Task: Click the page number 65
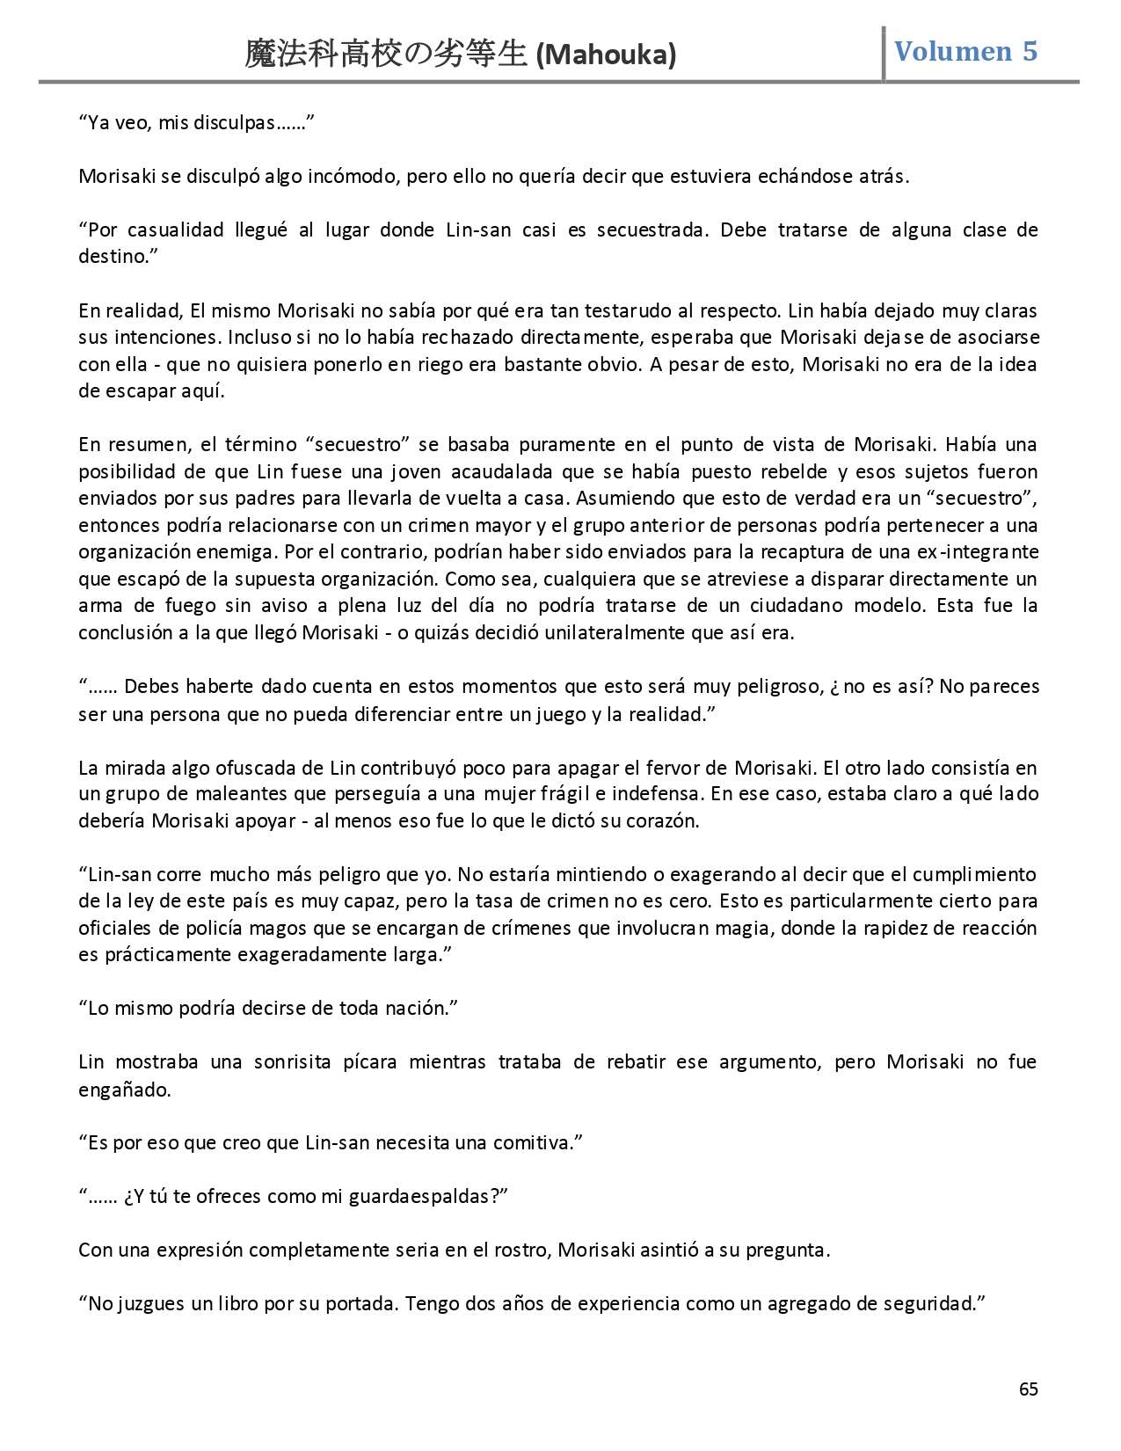pyautogui.click(x=1028, y=1389)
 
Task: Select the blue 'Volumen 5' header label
pyautogui.click(x=965, y=51)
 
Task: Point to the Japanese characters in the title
pyautogui.click(x=386, y=55)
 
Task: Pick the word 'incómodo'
pyautogui.click(x=356, y=176)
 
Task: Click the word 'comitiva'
pyautogui.click(x=538, y=1143)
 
